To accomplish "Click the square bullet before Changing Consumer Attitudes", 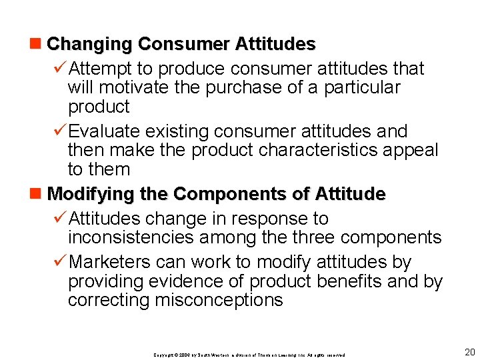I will coord(39,45).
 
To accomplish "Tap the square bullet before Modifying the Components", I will coord(39,195).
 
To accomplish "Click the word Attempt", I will coord(102,68).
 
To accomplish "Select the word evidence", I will coord(185,281).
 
